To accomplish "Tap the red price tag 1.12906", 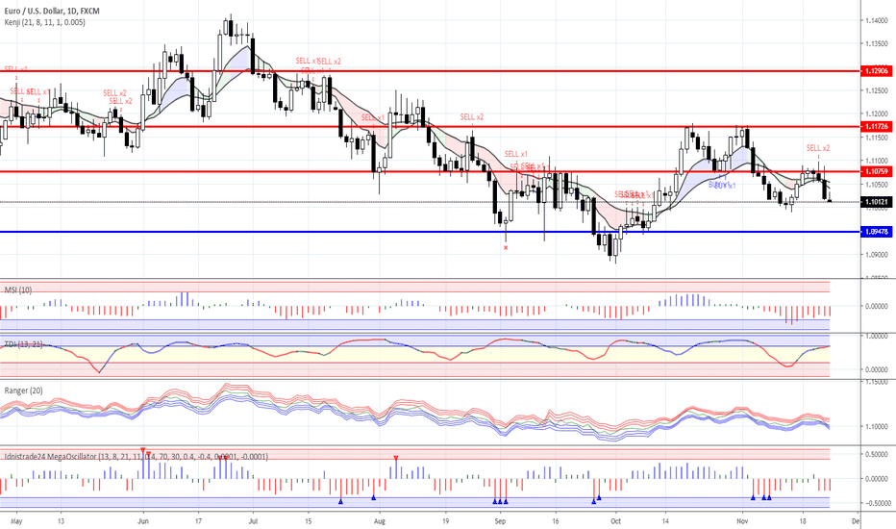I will pyautogui.click(x=876, y=71).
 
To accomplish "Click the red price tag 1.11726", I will pyautogui.click(x=876, y=127).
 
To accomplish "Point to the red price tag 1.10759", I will pyautogui.click(x=876, y=171).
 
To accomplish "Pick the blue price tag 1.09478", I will pyautogui.click(x=876, y=232).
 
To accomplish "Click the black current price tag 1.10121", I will pyautogui.click(x=876, y=202).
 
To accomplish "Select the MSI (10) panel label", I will pyautogui.click(x=18, y=289).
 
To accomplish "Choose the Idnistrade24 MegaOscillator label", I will pyautogui.click(x=135, y=456).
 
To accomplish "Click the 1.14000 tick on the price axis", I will pyautogui.click(x=875, y=21).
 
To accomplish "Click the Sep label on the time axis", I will pyautogui.click(x=499, y=519).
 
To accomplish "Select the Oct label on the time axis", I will pyautogui.click(x=615, y=519).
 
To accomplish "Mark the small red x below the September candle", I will pyautogui.click(x=506, y=247).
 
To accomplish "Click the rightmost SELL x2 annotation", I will pyautogui.click(x=818, y=148).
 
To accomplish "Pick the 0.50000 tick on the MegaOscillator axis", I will pyautogui.click(x=875, y=455).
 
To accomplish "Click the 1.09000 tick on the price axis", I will pyautogui.click(x=875, y=255).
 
